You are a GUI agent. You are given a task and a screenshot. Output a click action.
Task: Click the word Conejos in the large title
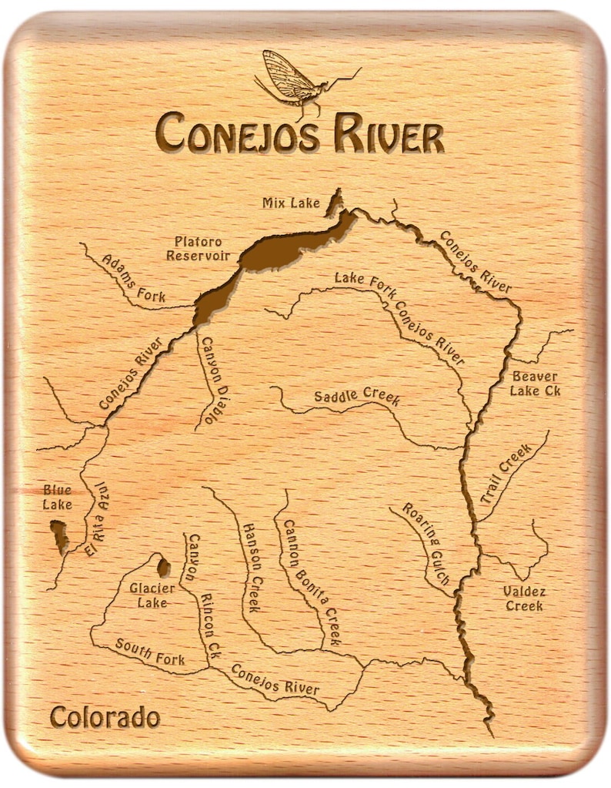[235, 132]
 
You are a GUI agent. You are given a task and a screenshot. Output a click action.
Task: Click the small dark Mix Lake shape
[335, 203]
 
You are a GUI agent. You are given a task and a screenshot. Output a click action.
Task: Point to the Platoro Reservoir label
[199, 247]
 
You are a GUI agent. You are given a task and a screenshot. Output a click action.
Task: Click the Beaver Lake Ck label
[535, 384]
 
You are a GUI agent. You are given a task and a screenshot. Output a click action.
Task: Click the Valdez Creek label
[524, 599]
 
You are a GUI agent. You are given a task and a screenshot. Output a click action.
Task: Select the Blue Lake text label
[57, 498]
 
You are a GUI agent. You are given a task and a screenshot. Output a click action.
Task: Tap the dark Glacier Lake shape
[163, 568]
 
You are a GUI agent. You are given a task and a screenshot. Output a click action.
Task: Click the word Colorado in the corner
[105, 717]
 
